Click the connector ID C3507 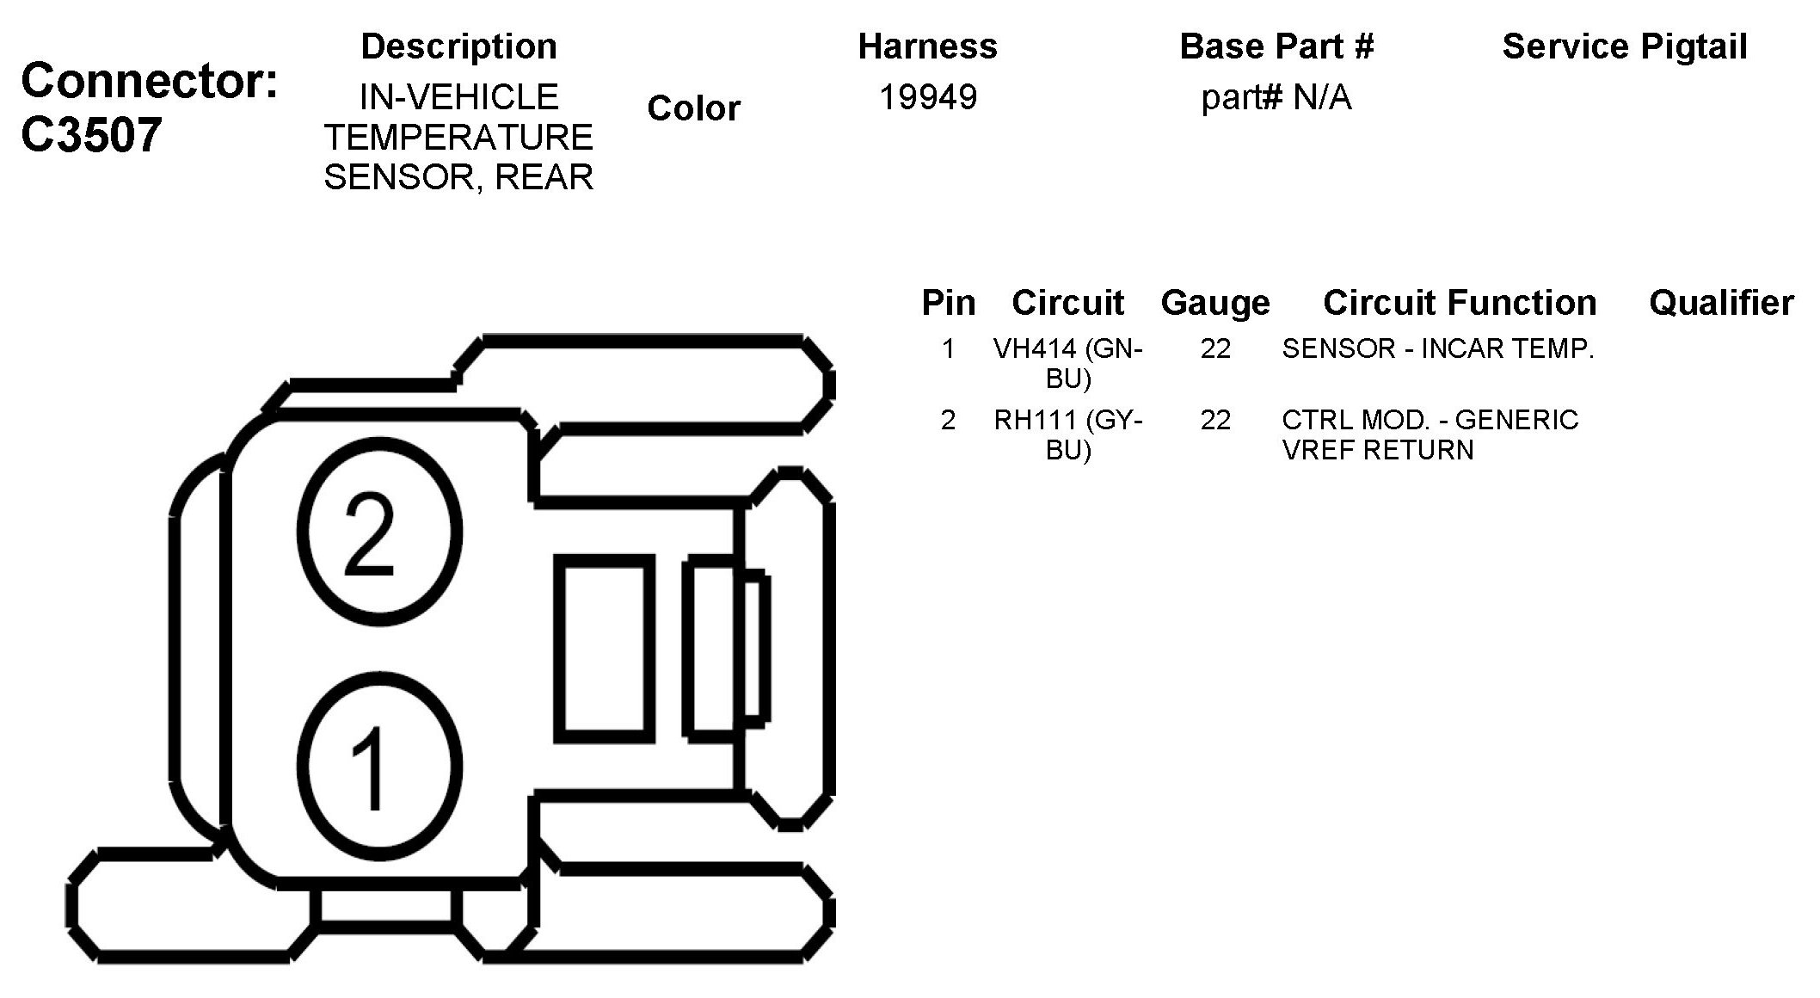91,135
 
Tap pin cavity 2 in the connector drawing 379,531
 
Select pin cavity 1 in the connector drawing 379,767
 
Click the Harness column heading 927,46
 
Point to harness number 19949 927,97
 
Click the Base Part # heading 1276,46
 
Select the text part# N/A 1276,98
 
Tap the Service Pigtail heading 1624,46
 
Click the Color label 693,108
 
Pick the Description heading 458,46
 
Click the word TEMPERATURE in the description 458,138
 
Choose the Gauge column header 1214,303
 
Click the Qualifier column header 1721,303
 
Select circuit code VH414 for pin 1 1035,348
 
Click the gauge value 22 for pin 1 1214,348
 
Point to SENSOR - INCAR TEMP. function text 1437,348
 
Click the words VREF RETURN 1377,450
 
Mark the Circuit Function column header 1459,303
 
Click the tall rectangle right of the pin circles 605,648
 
